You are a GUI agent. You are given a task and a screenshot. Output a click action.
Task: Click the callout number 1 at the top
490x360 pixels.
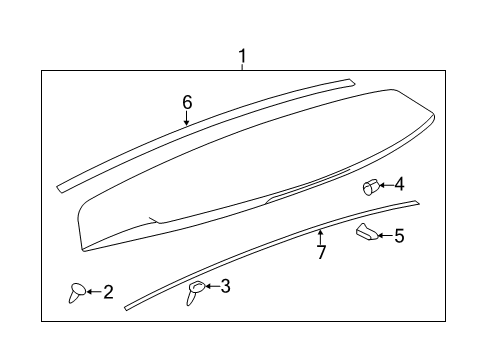(241, 56)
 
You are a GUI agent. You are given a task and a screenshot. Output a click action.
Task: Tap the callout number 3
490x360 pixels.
(226, 287)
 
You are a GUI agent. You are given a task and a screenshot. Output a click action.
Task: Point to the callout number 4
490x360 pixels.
(399, 184)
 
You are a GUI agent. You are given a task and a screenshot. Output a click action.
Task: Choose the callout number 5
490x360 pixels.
(399, 236)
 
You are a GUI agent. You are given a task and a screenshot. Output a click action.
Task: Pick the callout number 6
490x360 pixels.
(186, 102)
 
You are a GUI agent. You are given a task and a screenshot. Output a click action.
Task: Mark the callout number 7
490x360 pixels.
(321, 252)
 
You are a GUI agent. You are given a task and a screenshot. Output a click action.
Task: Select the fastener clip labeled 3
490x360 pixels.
(195, 291)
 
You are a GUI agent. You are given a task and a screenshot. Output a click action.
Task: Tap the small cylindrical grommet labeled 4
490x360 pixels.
(369, 186)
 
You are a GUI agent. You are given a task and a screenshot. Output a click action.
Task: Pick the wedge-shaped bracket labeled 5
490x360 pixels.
(367, 233)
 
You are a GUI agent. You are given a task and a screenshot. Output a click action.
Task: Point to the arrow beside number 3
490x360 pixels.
(212, 288)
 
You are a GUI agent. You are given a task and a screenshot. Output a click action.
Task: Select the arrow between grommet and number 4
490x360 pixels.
(385, 185)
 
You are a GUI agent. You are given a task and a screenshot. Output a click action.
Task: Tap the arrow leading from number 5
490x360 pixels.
(385, 236)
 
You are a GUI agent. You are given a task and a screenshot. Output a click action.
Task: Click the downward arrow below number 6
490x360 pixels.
(186, 117)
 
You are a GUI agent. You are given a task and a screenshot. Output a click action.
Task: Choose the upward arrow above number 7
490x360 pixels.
(320, 237)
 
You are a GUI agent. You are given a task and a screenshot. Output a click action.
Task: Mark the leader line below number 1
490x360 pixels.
(241, 67)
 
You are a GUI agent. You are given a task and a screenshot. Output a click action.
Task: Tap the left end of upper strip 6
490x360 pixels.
(63, 185)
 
